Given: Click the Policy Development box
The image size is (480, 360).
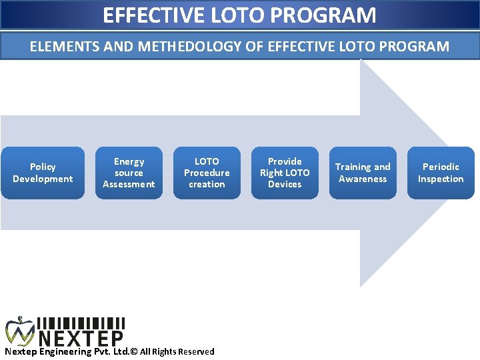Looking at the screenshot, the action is point(43,173).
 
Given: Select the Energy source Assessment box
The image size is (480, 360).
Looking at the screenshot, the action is point(129,173).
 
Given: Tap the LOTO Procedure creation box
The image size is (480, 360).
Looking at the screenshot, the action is point(207,173).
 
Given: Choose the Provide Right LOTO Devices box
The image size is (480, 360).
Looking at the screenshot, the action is point(285,173).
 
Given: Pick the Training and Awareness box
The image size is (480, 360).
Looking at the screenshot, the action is point(363,173).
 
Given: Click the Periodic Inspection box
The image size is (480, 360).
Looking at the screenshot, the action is point(441,173).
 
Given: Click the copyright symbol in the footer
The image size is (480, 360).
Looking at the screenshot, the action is point(133,351).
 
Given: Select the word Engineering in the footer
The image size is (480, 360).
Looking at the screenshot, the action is point(63,351).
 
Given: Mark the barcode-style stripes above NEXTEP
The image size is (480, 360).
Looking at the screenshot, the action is point(81,323).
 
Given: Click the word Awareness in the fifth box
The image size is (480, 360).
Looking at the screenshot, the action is point(363,179).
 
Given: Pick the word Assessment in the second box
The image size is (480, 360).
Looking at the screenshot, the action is point(129,184).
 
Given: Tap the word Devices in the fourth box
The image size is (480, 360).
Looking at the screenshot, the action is point(285,184).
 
